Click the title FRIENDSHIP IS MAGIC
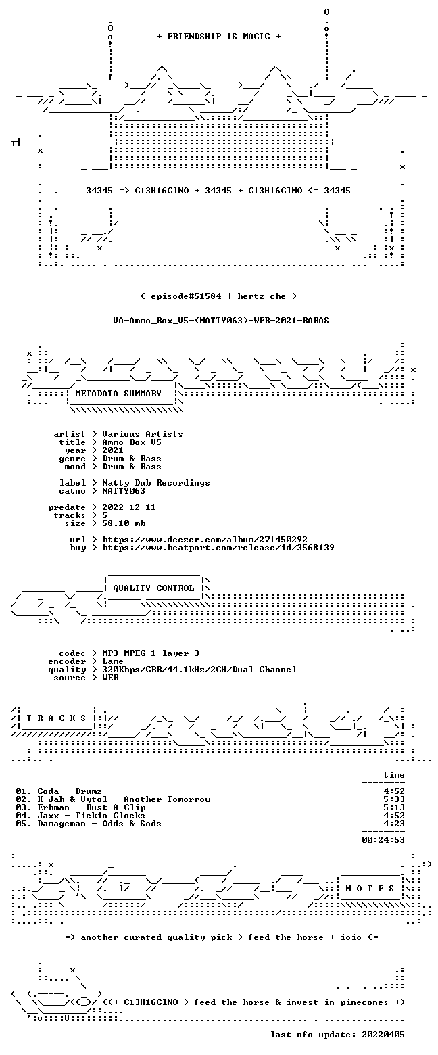pos(219,37)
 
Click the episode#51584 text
pos(186,296)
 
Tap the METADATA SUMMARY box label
pos(118,394)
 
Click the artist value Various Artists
pos(142,434)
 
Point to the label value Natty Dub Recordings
pos(156,483)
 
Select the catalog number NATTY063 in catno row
pos(124,491)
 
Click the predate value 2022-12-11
pos(128,507)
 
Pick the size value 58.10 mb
pos(124,523)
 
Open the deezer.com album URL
pos(205,540)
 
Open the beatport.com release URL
pos(218,548)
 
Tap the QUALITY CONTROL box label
pos(153,588)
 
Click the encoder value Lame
pos(113,661)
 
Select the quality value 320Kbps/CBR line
pos(199,670)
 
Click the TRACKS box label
pos(57,718)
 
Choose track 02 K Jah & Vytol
pos(113,799)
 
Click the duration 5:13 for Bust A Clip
pos(394,807)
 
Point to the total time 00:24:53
pos(383,840)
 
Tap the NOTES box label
pos(370,888)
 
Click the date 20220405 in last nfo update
pos(383,1035)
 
